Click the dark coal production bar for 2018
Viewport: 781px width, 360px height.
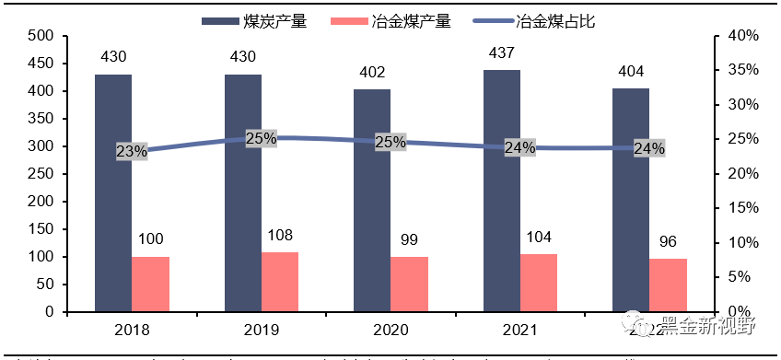pos(112,192)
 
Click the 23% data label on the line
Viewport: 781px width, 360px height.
pos(132,152)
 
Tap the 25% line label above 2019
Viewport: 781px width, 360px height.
pos(262,139)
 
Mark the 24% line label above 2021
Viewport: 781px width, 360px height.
pos(519,147)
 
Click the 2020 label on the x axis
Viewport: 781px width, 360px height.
pos(390,329)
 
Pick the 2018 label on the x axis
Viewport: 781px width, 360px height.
pos(132,329)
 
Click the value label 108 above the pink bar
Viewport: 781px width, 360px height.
pos(280,235)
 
